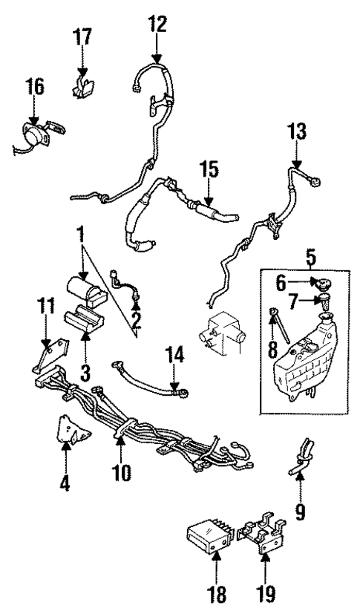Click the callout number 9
301,513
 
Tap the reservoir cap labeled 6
324,283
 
